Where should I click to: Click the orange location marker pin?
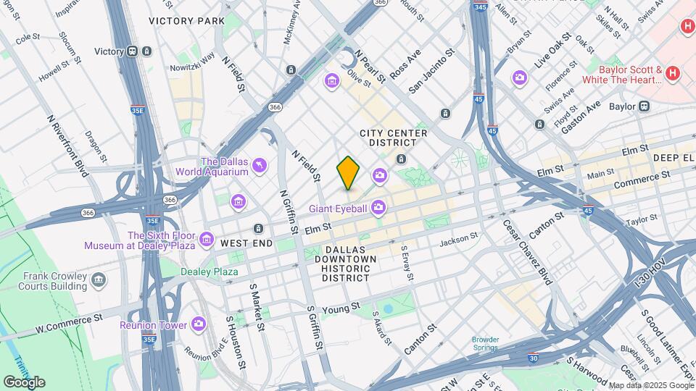[x=349, y=172]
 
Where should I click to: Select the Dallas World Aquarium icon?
[x=258, y=167]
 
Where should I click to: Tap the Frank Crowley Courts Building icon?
[x=98, y=279]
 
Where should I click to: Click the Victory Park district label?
[x=187, y=21]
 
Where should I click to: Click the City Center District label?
[x=394, y=138]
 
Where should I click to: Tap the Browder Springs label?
[x=485, y=343]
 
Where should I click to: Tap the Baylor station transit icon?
[x=643, y=106]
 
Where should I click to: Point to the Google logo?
[x=24, y=382]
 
